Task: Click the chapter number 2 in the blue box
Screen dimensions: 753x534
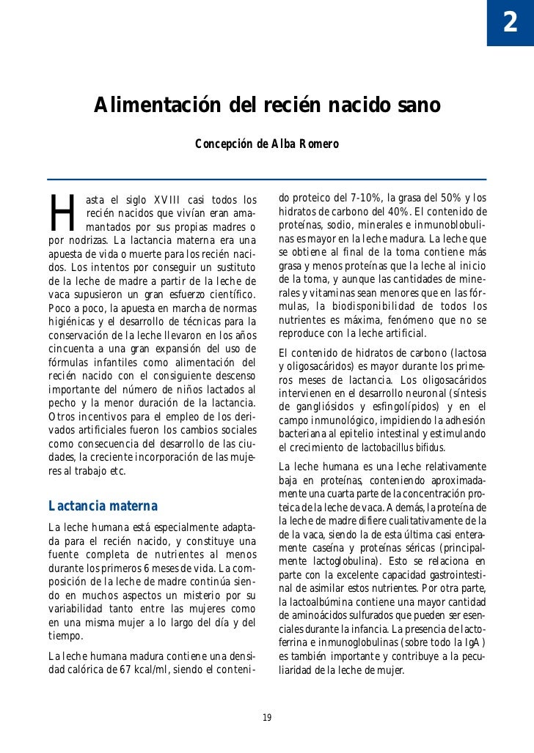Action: coord(509,23)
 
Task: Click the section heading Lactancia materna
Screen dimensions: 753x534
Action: coord(103,506)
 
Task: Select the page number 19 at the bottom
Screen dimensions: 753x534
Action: coord(267,717)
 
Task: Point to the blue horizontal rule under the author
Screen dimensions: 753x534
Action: coord(267,179)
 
